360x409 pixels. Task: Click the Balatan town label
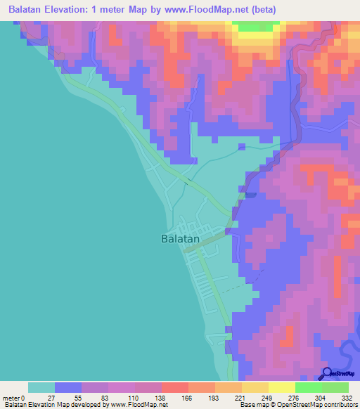click(x=176, y=238)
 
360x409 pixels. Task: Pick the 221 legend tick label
click(x=241, y=397)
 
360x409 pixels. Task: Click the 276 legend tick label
click(x=295, y=397)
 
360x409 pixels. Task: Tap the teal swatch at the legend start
click(x=41, y=387)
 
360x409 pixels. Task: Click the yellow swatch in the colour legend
click(x=281, y=387)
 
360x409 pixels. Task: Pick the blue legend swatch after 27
click(x=68, y=387)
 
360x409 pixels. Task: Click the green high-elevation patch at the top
click(x=255, y=26)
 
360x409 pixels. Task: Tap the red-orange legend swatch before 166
click(x=174, y=387)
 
